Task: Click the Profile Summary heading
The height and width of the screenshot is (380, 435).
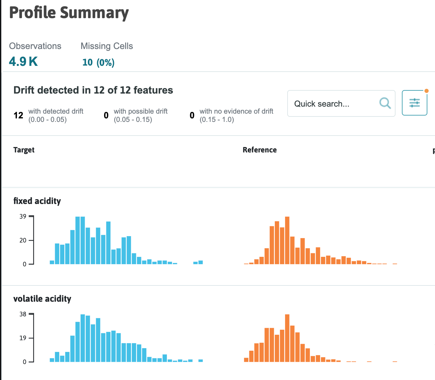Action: pos(69,13)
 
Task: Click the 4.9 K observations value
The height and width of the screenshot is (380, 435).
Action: pos(23,61)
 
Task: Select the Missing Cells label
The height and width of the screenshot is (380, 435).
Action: pos(107,46)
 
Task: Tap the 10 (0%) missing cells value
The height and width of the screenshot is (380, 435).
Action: pos(98,62)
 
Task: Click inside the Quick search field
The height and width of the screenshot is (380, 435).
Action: pos(331,104)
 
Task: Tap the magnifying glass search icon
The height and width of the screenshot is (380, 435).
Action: pos(385,103)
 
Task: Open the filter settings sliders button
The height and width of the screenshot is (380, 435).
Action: pos(414,103)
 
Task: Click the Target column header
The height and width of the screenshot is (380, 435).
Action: pos(24,150)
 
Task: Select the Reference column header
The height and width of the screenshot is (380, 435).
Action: pos(260,150)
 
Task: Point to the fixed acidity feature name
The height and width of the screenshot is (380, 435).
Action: pos(37,201)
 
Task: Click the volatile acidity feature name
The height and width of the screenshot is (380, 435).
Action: pos(42,299)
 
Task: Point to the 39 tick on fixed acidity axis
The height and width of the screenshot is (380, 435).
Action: pos(23,217)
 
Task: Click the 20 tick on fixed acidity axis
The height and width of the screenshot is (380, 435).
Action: pos(23,240)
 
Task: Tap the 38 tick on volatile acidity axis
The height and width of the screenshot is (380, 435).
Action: pos(23,314)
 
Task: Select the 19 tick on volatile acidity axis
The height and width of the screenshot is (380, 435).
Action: pos(23,338)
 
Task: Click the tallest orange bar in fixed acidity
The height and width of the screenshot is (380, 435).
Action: pos(287,240)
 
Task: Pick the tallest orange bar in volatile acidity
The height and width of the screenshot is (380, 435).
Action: pos(287,338)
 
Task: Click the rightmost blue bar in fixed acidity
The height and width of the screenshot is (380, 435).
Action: pos(201,262)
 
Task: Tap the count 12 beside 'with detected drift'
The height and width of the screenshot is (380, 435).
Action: pos(18,115)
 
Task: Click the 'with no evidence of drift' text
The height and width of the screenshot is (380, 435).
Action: pos(236,111)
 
